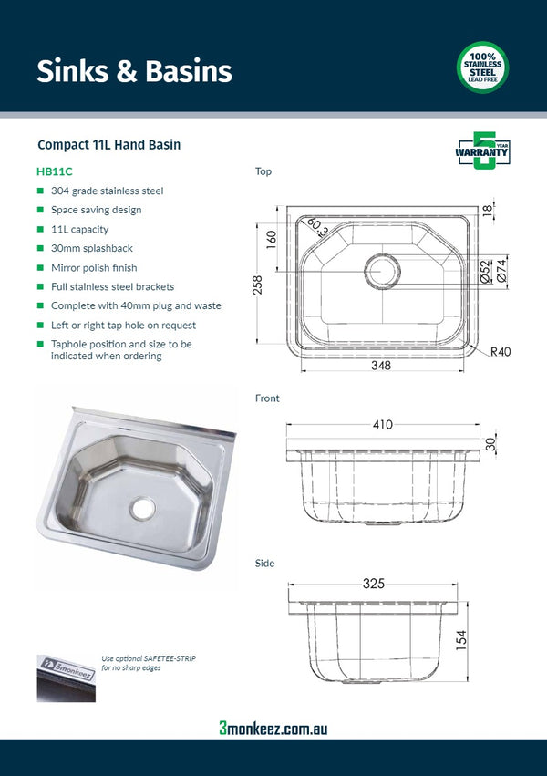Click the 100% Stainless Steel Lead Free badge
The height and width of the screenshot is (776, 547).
point(481,67)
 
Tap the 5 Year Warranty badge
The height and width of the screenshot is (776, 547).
point(481,151)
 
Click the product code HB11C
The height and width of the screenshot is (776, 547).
point(55,171)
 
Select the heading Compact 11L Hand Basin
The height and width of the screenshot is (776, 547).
point(108,145)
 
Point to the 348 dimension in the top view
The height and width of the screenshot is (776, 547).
point(380,366)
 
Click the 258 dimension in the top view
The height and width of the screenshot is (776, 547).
point(257,284)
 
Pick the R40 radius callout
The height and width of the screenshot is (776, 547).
point(500,351)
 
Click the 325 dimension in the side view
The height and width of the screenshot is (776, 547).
point(372,584)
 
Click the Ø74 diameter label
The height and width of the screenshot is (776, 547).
point(501,271)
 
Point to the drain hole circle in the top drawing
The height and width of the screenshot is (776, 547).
point(383,271)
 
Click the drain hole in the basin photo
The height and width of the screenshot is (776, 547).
point(142,508)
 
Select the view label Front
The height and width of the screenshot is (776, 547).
point(267,398)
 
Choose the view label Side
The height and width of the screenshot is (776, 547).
point(264,564)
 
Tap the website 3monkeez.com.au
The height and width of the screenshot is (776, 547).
point(273,728)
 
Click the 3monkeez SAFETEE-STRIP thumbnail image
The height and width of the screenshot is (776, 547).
point(66,677)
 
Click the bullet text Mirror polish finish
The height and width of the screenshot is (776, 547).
point(94,268)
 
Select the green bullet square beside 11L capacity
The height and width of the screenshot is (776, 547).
point(40,230)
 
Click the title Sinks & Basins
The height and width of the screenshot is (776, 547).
point(134,71)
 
